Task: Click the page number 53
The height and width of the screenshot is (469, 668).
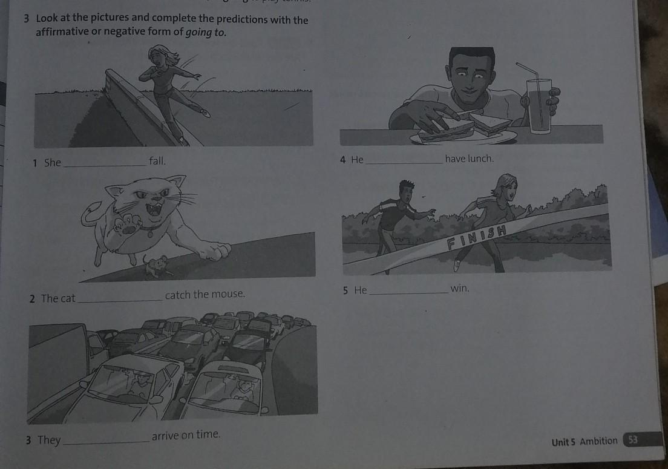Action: tap(633, 439)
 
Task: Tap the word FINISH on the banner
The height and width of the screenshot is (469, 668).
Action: tap(477, 237)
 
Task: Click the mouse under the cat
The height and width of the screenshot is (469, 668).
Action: tap(156, 266)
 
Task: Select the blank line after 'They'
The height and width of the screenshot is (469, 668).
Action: tap(106, 443)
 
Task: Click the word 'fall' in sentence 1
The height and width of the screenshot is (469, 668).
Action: tap(156, 161)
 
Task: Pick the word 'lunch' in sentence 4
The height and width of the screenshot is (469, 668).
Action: tap(480, 159)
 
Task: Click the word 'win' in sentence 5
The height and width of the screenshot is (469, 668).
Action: tap(459, 289)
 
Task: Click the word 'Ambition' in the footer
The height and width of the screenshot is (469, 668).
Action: tap(598, 441)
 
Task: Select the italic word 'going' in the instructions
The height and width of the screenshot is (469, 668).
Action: tap(198, 32)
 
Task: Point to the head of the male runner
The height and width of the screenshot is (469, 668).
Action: tap(407, 191)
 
